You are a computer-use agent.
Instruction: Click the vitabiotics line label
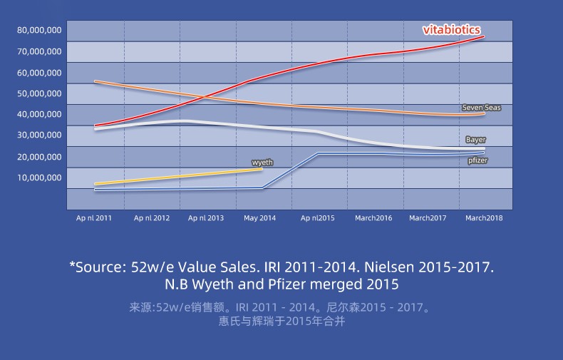pos(453,31)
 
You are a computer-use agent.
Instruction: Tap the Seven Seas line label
pos(482,108)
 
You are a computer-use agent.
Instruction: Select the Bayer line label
pos(475,140)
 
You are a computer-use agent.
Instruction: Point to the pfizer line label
pos(477,161)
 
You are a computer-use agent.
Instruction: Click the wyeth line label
pos(262,163)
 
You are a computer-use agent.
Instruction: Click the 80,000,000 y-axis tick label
pos(39,30)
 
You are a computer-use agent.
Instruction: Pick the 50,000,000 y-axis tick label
pos(39,93)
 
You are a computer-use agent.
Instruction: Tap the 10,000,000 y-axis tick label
pos(39,177)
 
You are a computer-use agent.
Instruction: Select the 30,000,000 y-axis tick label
pos(39,135)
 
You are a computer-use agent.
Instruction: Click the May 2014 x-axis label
pos(259,218)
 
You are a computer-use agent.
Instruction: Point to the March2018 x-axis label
pos(484,218)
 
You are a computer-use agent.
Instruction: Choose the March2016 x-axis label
pos(373,218)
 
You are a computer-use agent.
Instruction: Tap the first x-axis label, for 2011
pos(94,218)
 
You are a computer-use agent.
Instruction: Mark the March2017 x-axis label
pos(428,218)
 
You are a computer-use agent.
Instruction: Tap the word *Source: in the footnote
pos(98,267)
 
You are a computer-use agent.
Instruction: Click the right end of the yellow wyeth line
pos(262,169)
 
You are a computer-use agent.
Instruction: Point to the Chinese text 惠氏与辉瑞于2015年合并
pos(281,322)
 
